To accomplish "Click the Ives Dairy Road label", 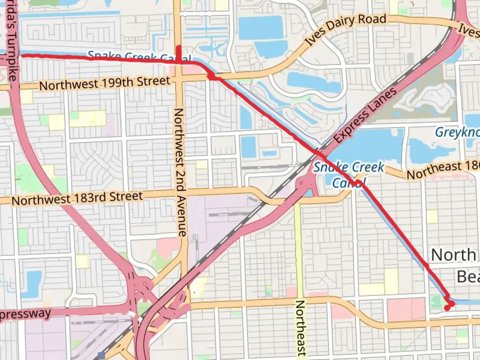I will (x=346, y=29).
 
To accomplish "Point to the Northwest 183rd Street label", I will (x=77, y=198).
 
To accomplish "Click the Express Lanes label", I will (x=366, y=115).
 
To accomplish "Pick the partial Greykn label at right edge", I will (x=457, y=132).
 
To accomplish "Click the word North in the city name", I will (x=454, y=255).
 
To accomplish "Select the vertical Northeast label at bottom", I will (x=301, y=328).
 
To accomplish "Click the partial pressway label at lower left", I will (x=25, y=314).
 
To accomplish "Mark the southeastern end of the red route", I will (x=447, y=308).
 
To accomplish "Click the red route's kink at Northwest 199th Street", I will (x=211, y=77).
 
